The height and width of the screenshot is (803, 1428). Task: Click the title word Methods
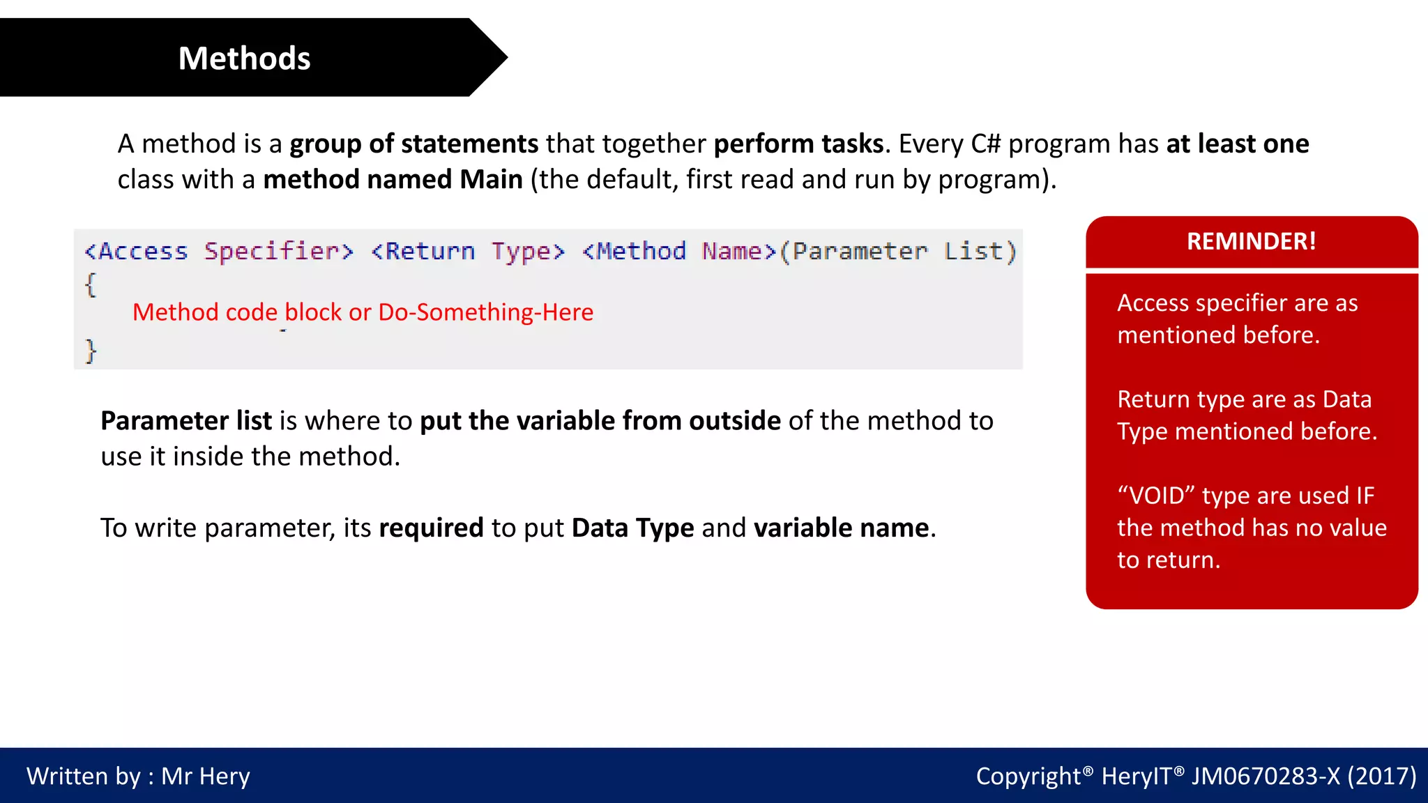point(244,59)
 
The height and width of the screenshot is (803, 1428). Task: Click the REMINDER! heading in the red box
point(1252,241)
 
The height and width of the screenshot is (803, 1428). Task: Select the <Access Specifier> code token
point(219,251)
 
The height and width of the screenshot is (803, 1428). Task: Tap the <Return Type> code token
point(467,251)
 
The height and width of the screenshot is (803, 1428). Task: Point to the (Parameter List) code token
point(898,251)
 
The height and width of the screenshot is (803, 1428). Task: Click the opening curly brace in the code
point(91,285)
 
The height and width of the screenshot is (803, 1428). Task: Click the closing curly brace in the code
point(91,351)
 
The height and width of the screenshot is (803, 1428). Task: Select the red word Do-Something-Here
point(485,312)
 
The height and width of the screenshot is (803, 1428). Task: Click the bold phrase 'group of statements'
point(414,144)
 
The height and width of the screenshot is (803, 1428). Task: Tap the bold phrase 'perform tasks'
point(798,144)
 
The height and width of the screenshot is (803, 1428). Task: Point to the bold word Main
point(491,179)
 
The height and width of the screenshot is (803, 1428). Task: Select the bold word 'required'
point(431,528)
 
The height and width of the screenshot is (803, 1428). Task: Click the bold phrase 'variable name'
point(841,528)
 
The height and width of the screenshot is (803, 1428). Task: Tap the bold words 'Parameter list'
point(186,421)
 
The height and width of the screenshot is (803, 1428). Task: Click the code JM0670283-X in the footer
point(1265,776)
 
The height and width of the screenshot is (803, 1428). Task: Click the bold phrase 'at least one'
point(1238,144)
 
